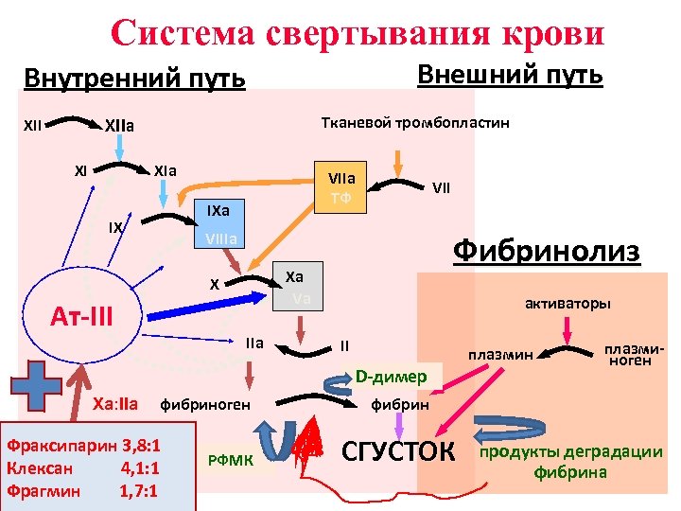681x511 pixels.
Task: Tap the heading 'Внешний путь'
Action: click(x=510, y=75)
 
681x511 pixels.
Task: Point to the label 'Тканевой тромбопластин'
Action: click(x=415, y=123)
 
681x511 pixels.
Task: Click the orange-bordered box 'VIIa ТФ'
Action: click(x=340, y=187)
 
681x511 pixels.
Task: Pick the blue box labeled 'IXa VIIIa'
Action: click(x=218, y=223)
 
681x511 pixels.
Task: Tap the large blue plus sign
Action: click(x=32, y=388)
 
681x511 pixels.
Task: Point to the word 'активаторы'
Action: click(x=567, y=304)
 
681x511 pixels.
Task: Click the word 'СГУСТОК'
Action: click(x=397, y=449)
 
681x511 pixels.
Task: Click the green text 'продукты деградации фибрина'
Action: click(x=571, y=461)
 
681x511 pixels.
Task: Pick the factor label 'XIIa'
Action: click(x=119, y=125)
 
